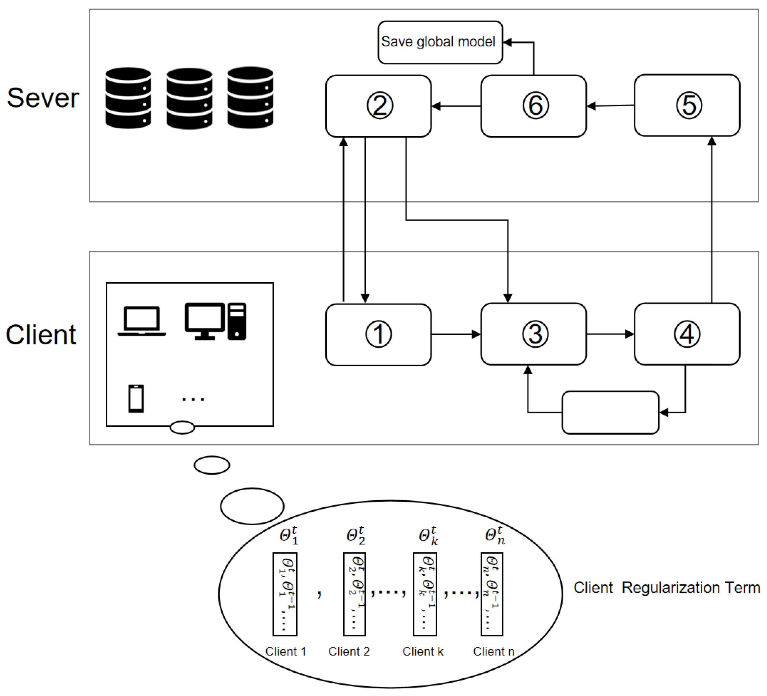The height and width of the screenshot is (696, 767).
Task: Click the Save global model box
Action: (440, 42)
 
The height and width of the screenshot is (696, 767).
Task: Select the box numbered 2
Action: (379, 106)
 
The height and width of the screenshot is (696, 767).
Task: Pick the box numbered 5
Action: (687, 105)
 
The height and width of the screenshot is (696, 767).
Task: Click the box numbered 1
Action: (379, 335)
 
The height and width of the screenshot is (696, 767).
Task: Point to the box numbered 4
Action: (687, 334)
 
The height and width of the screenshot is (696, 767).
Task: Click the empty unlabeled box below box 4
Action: (610, 413)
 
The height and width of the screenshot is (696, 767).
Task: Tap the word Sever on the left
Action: (43, 98)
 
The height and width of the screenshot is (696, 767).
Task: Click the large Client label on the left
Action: (41, 335)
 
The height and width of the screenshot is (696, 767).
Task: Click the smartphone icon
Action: (136, 399)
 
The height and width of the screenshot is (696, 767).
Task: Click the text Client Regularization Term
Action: (667, 588)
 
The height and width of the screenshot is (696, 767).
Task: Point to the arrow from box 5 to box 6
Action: (610, 106)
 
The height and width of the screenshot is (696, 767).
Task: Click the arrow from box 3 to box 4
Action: (610, 334)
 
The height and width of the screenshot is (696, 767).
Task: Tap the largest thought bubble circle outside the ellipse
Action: (252, 506)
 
